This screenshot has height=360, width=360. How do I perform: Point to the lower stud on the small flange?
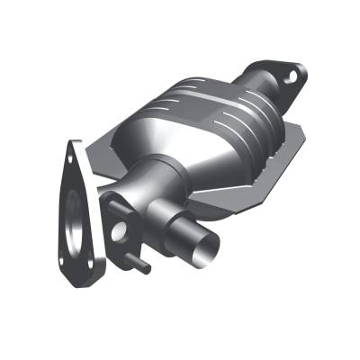coord(142,268)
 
